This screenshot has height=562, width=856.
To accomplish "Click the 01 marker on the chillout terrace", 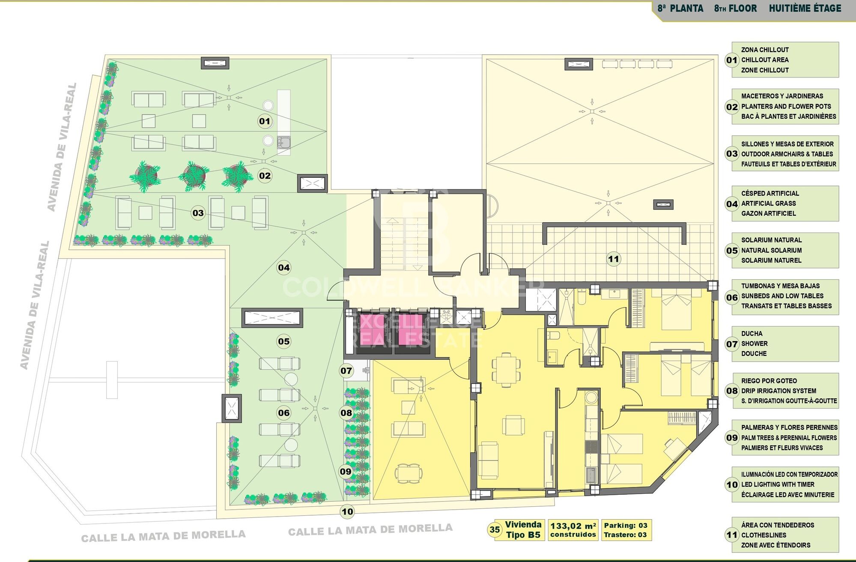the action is (265, 121).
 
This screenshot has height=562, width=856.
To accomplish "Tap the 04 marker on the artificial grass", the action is (284, 268).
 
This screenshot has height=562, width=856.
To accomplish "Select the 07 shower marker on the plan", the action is (346, 371).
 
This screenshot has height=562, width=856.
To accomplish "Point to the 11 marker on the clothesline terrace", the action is (614, 259).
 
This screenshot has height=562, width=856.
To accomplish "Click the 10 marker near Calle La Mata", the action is (347, 511).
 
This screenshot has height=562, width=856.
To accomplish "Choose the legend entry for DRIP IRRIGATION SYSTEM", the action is (778, 391).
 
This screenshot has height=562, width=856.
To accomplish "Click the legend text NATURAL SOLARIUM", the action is (771, 250).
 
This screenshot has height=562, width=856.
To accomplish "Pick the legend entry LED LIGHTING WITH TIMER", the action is (778, 484).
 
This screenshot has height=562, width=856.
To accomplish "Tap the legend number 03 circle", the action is (732, 154).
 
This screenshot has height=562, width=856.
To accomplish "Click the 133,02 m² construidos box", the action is (573, 530).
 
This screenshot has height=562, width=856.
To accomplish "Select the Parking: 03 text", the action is (626, 526).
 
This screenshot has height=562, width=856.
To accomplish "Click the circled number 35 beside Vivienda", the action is (495, 530).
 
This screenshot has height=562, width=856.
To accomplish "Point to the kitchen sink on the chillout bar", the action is (283, 142).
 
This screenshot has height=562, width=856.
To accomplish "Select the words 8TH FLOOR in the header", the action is (735, 8).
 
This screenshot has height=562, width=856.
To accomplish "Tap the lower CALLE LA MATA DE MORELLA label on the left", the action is (163, 536).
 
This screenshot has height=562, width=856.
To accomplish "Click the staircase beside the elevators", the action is (405, 243).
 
